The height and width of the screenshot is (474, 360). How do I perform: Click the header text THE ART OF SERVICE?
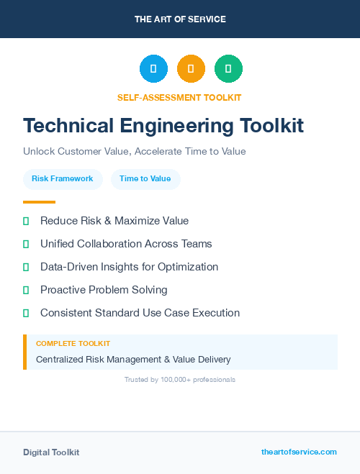click(180, 19)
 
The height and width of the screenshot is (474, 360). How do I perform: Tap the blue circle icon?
click(153, 69)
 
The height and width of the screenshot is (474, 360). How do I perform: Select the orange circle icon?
click(191, 69)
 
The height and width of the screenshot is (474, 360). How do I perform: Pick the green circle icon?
click(228, 69)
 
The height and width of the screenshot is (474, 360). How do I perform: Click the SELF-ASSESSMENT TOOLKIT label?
click(179, 97)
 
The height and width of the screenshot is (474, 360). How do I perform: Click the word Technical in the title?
click(67, 125)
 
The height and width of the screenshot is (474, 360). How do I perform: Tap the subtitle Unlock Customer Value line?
click(135, 152)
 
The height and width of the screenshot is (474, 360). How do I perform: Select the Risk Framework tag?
click(63, 178)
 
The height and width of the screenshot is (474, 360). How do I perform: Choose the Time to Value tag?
click(145, 178)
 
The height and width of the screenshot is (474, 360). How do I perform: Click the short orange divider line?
click(39, 202)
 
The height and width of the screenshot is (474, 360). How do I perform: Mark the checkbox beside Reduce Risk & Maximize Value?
click(26, 221)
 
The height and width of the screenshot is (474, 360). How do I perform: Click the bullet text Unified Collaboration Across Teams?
click(126, 244)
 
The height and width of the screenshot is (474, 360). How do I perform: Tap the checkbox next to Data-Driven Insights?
click(26, 267)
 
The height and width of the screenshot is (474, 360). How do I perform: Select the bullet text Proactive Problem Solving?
click(104, 290)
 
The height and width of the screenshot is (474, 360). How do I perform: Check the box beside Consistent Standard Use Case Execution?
click(26, 313)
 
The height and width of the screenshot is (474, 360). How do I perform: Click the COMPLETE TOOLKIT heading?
click(73, 344)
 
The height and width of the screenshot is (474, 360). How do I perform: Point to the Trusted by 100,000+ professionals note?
click(180, 379)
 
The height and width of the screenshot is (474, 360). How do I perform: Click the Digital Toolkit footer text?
click(51, 452)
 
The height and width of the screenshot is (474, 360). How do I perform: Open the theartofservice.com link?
click(299, 452)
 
